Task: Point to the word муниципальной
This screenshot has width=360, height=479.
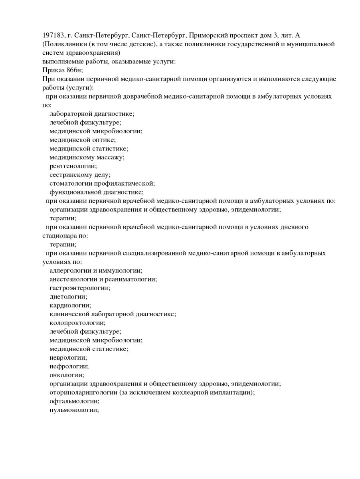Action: point(311,44)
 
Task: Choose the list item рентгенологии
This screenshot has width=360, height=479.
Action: point(73,166)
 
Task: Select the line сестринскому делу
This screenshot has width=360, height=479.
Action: point(80,175)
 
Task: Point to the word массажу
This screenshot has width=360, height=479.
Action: point(111,157)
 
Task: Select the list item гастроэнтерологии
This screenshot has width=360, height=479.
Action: point(80,288)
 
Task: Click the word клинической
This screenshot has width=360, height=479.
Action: point(70,314)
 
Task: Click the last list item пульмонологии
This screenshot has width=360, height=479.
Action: point(74,410)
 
